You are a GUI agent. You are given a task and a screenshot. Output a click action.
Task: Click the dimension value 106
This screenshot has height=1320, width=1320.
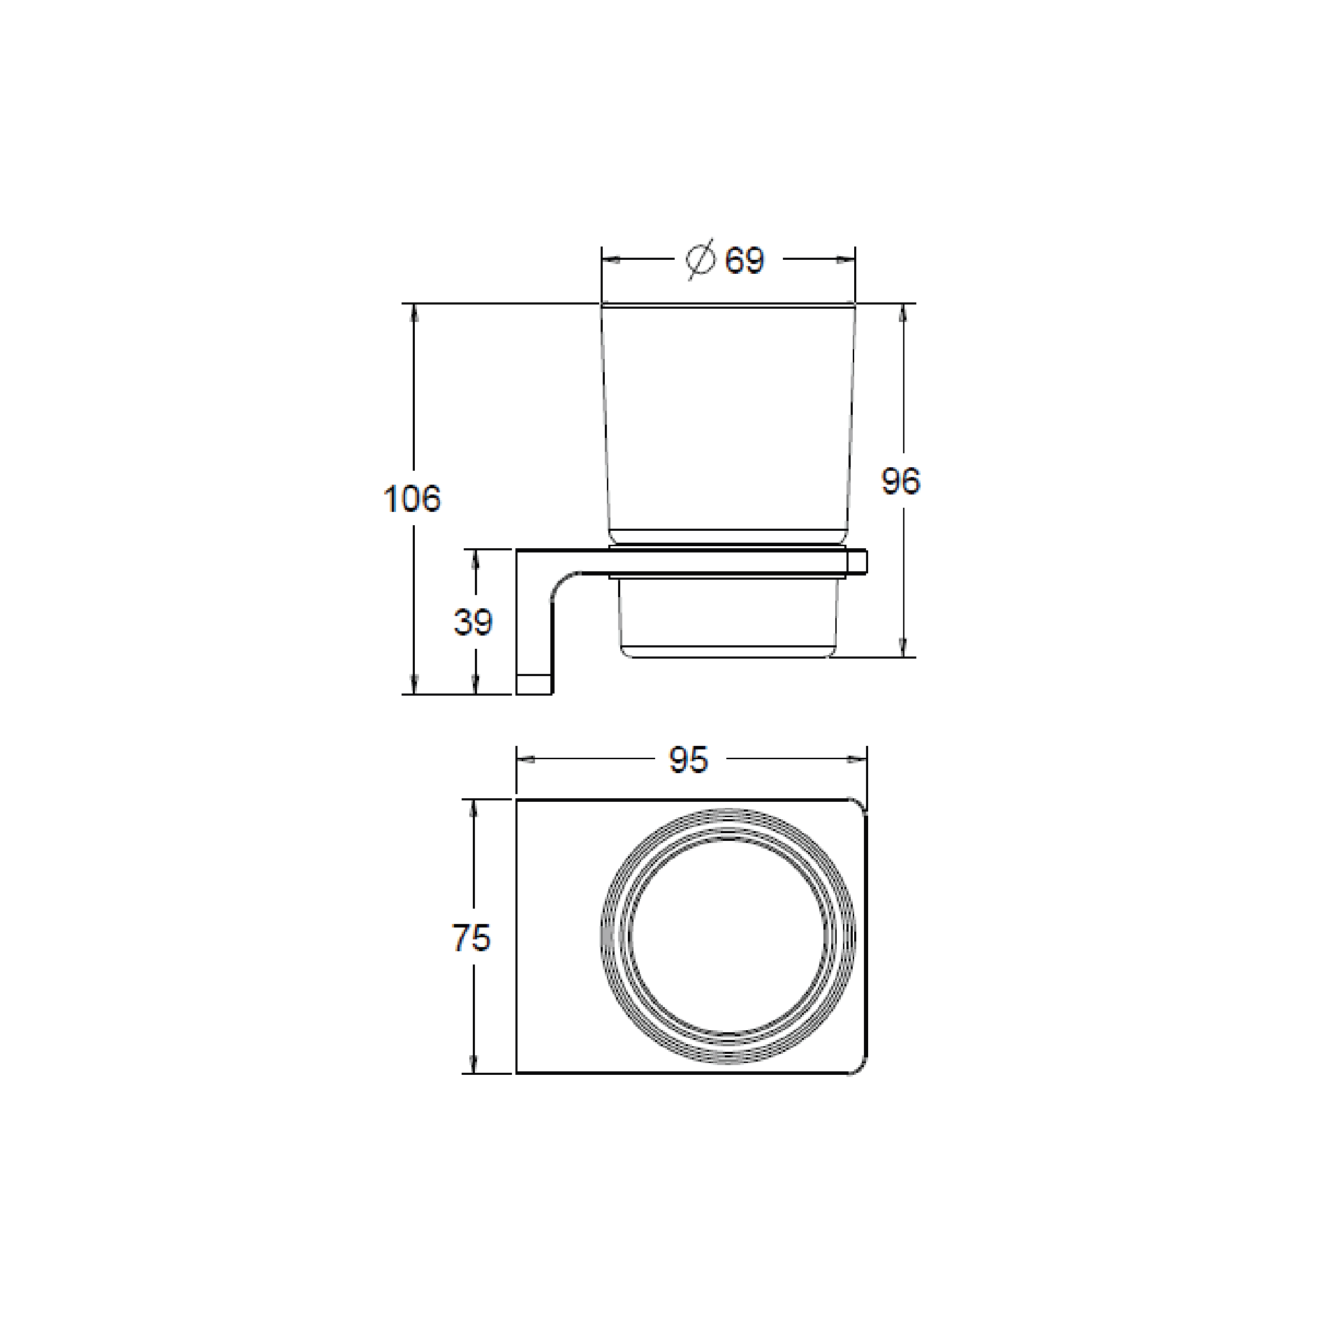coord(412,499)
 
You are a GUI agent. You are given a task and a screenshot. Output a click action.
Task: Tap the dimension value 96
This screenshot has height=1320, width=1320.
coord(901,481)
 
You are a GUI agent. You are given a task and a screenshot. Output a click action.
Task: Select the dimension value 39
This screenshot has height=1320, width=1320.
coord(473,622)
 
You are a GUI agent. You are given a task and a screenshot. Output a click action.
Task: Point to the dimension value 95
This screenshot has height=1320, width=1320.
coord(689,759)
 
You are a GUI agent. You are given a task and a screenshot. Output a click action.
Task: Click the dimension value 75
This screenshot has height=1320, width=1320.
coord(472,937)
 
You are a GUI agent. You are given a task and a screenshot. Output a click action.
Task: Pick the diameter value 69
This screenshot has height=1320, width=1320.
coord(745,261)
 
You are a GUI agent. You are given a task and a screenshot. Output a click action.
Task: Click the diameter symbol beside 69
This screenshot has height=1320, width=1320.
coord(701,260)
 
